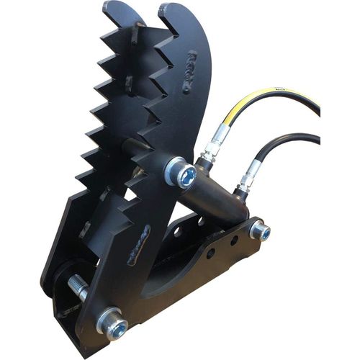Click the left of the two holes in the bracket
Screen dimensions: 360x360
[210, 253]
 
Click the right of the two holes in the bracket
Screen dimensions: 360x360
[233, 240]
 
